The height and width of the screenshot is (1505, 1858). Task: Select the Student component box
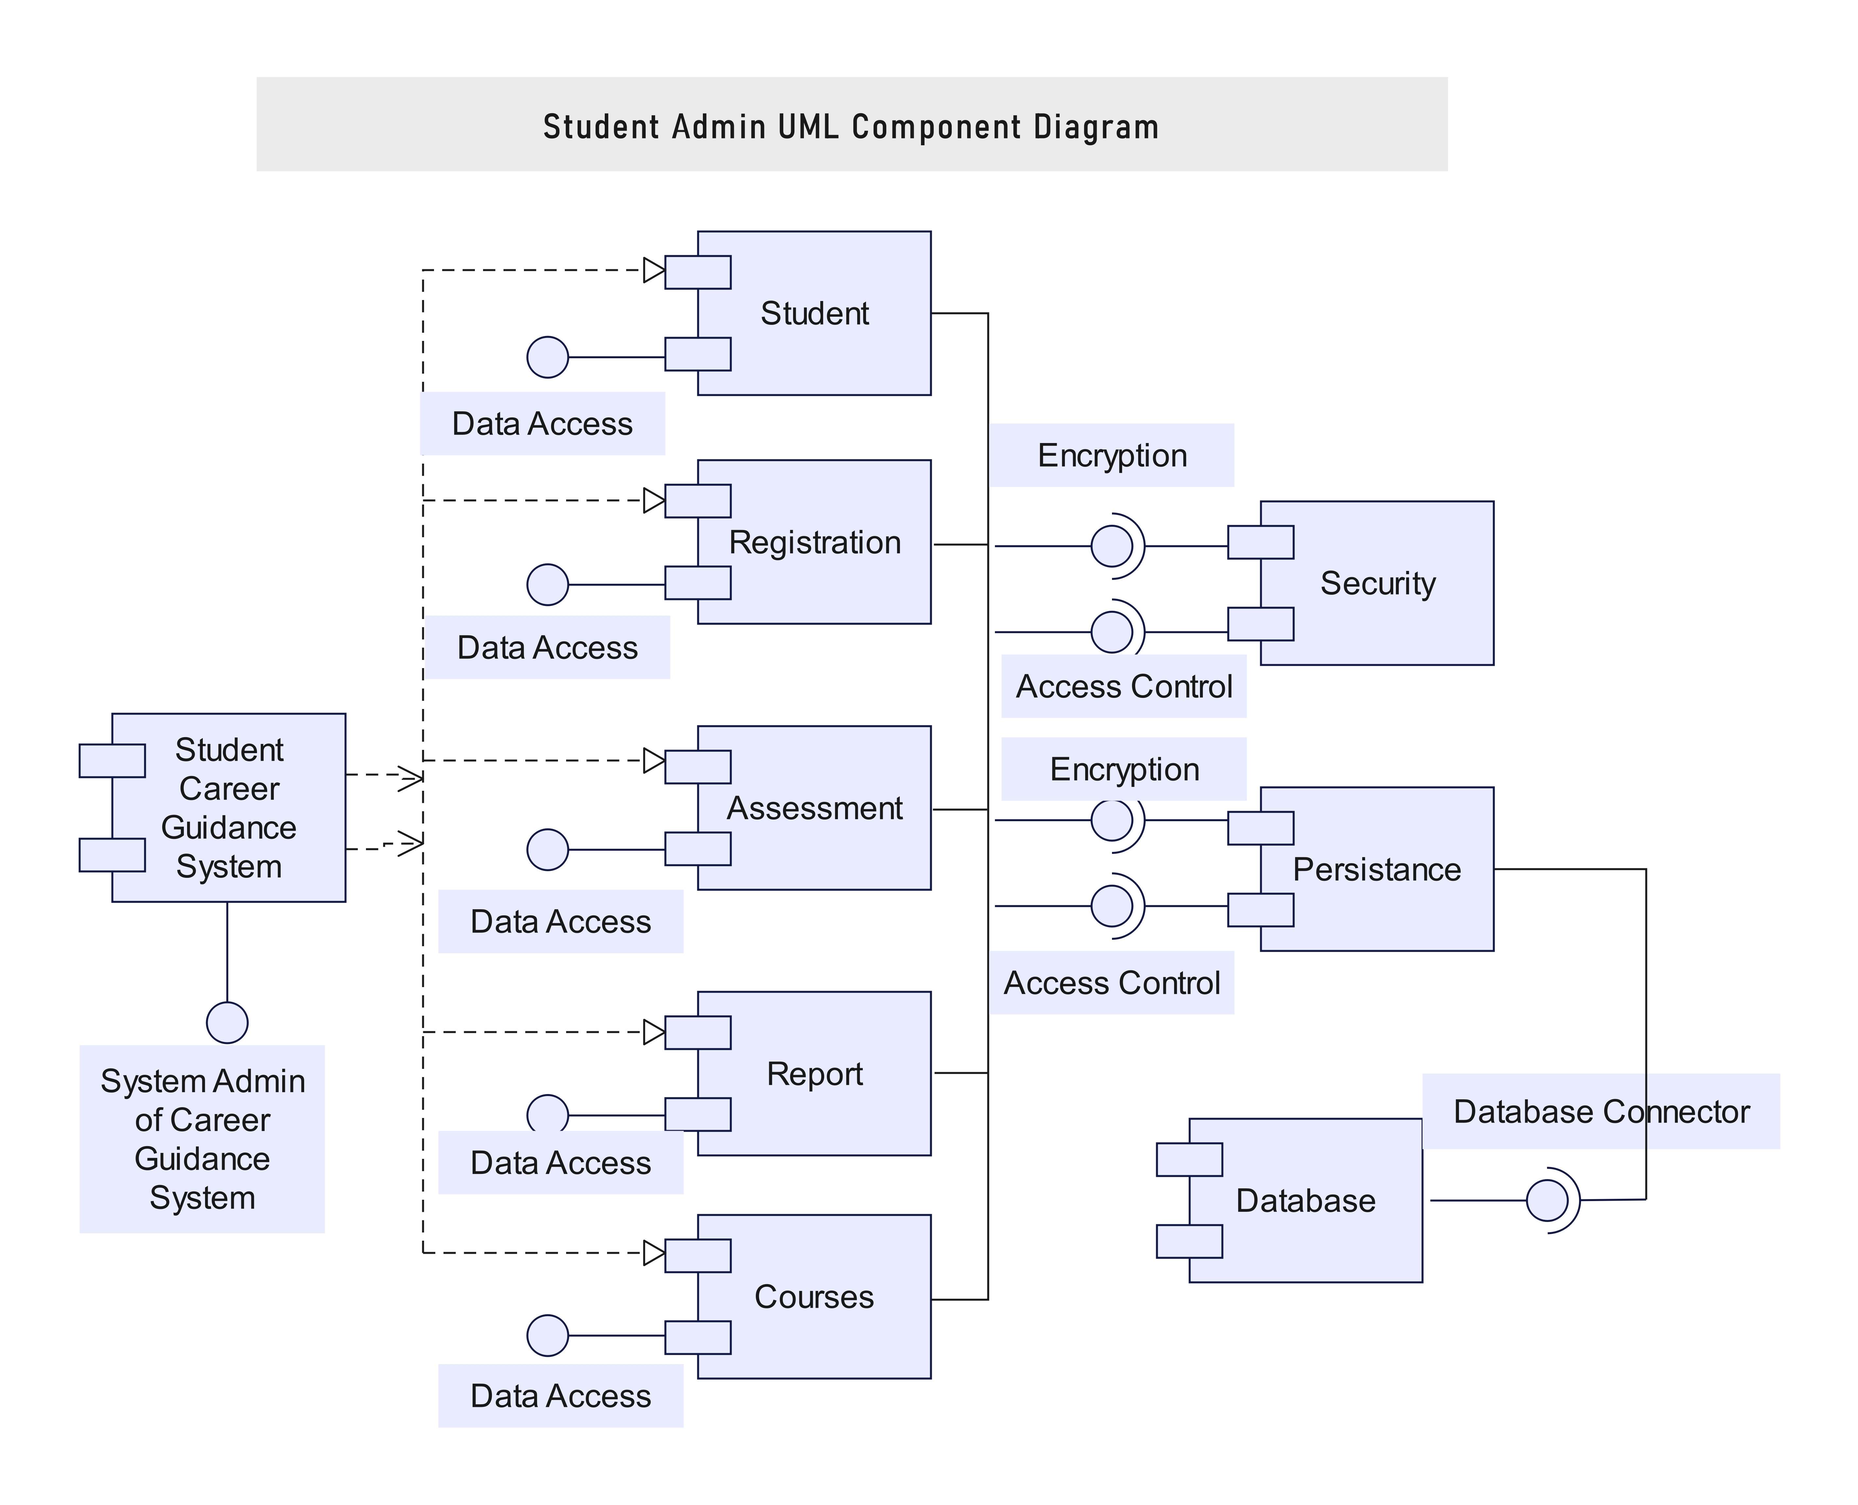click(823, 347)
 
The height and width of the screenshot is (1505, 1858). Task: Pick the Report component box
click(823, 1110)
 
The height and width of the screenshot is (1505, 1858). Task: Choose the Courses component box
click(823, 1335)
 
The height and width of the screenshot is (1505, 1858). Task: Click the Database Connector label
click(1601, 1111)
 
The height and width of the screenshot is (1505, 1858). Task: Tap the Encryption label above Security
click(1112, 455)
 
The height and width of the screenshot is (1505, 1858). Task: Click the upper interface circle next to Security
click(1112, 546)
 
